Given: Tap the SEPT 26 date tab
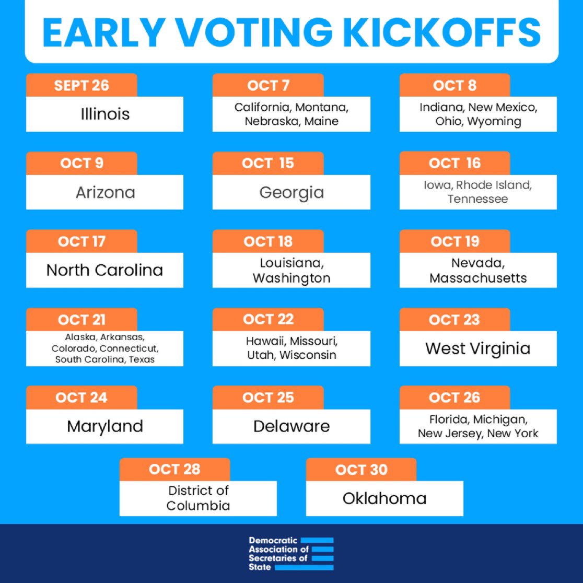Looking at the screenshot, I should (x=81, y=86).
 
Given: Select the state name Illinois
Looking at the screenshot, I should (x=105, y=114).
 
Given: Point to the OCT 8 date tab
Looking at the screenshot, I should (x=454, y=86).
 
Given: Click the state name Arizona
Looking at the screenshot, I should (x=105, y=192).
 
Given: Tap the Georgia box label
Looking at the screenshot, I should (x=291, y=192).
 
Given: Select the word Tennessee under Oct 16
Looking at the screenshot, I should (x=477, y=199).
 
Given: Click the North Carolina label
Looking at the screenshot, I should (x=105, y=270).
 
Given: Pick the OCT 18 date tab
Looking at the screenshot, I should (x=268, y=241).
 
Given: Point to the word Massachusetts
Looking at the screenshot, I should (x=478, y=278).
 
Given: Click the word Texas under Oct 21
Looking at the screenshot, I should (x=142, y=359).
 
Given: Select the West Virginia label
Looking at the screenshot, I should (x=477, y=348).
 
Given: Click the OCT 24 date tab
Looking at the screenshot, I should (x=81, y=398).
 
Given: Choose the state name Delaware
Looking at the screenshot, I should (x=291, y=426).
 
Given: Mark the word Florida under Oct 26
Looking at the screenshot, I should (x=448, y=419).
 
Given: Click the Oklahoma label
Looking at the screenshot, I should (x=384, y=498).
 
